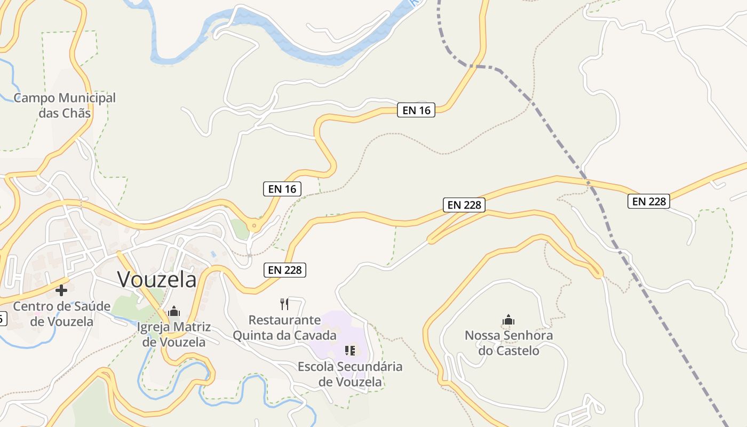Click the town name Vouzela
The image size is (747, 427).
(157, 279)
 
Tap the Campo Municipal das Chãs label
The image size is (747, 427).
(65, 105)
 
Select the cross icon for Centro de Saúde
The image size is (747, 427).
(61, 290)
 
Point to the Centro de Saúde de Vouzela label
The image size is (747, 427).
(62, 314)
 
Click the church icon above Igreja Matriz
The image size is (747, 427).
(174, 311)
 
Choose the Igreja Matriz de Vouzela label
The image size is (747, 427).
(174, 334)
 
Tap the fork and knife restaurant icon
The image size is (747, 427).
(284, 304)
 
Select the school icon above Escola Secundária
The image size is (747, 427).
(350, 351)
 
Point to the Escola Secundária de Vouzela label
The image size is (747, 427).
(350, 374)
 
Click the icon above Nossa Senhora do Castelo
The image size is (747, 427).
(508, 320)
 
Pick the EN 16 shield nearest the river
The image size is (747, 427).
(416, 110)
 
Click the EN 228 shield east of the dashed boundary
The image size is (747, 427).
(649, 201)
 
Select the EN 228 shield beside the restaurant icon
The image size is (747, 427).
(285, 270)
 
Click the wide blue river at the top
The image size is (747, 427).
(299, 51)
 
